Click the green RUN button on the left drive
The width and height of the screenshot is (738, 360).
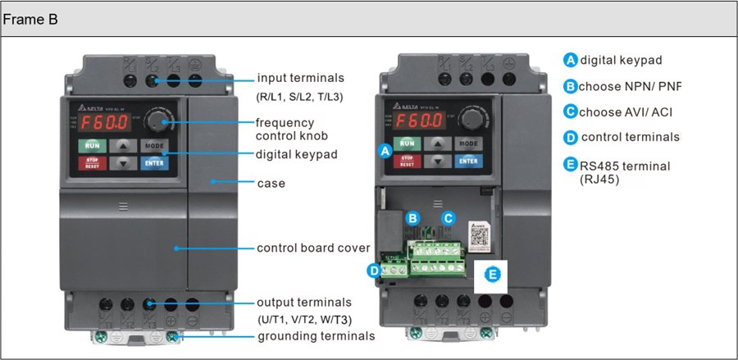(91, 146)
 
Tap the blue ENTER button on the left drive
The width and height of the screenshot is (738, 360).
(153, 162)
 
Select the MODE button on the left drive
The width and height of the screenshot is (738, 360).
(153, 145)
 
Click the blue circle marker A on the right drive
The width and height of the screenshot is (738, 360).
(383, 151)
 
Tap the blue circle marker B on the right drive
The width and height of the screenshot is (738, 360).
(413, 218)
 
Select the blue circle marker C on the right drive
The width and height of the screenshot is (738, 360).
(448, 218)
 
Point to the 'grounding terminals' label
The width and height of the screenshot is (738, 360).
(316, 336)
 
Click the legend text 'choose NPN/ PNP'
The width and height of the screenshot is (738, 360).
(629, 86)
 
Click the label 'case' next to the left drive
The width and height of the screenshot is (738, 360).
(271, 183)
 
